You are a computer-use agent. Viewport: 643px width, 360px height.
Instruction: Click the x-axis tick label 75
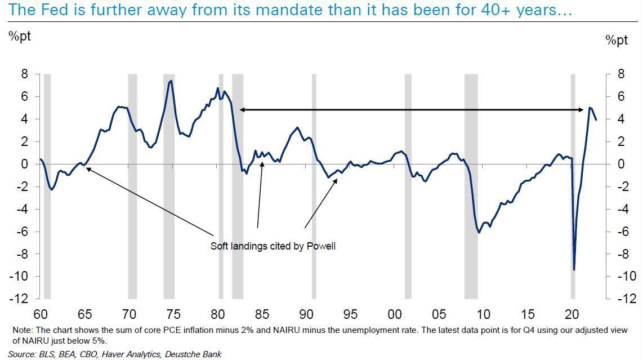coord(173,314)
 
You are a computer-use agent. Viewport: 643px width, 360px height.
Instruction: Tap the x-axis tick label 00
coord(395,314)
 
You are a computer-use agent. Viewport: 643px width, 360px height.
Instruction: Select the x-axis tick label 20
coord(572,314)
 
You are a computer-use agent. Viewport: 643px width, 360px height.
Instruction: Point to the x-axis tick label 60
coord(41,314)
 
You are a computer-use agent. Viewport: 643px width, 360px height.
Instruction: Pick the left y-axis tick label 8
coord(24,74)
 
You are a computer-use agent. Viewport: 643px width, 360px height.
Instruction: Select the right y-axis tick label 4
coord(620,119)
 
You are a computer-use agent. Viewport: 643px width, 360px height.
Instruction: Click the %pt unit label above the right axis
coord(617,41)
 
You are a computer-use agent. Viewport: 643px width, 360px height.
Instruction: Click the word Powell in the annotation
coord(321,246)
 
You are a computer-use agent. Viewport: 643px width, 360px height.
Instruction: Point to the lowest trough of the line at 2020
coord(574,270)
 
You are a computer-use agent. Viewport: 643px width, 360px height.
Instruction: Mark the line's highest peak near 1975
coord(171,81)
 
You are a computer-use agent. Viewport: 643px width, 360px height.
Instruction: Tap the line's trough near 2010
coord(479,232)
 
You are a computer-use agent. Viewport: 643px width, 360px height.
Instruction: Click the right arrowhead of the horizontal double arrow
coord(582,110)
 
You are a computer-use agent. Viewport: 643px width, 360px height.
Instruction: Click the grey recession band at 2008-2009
coord(471,186)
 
